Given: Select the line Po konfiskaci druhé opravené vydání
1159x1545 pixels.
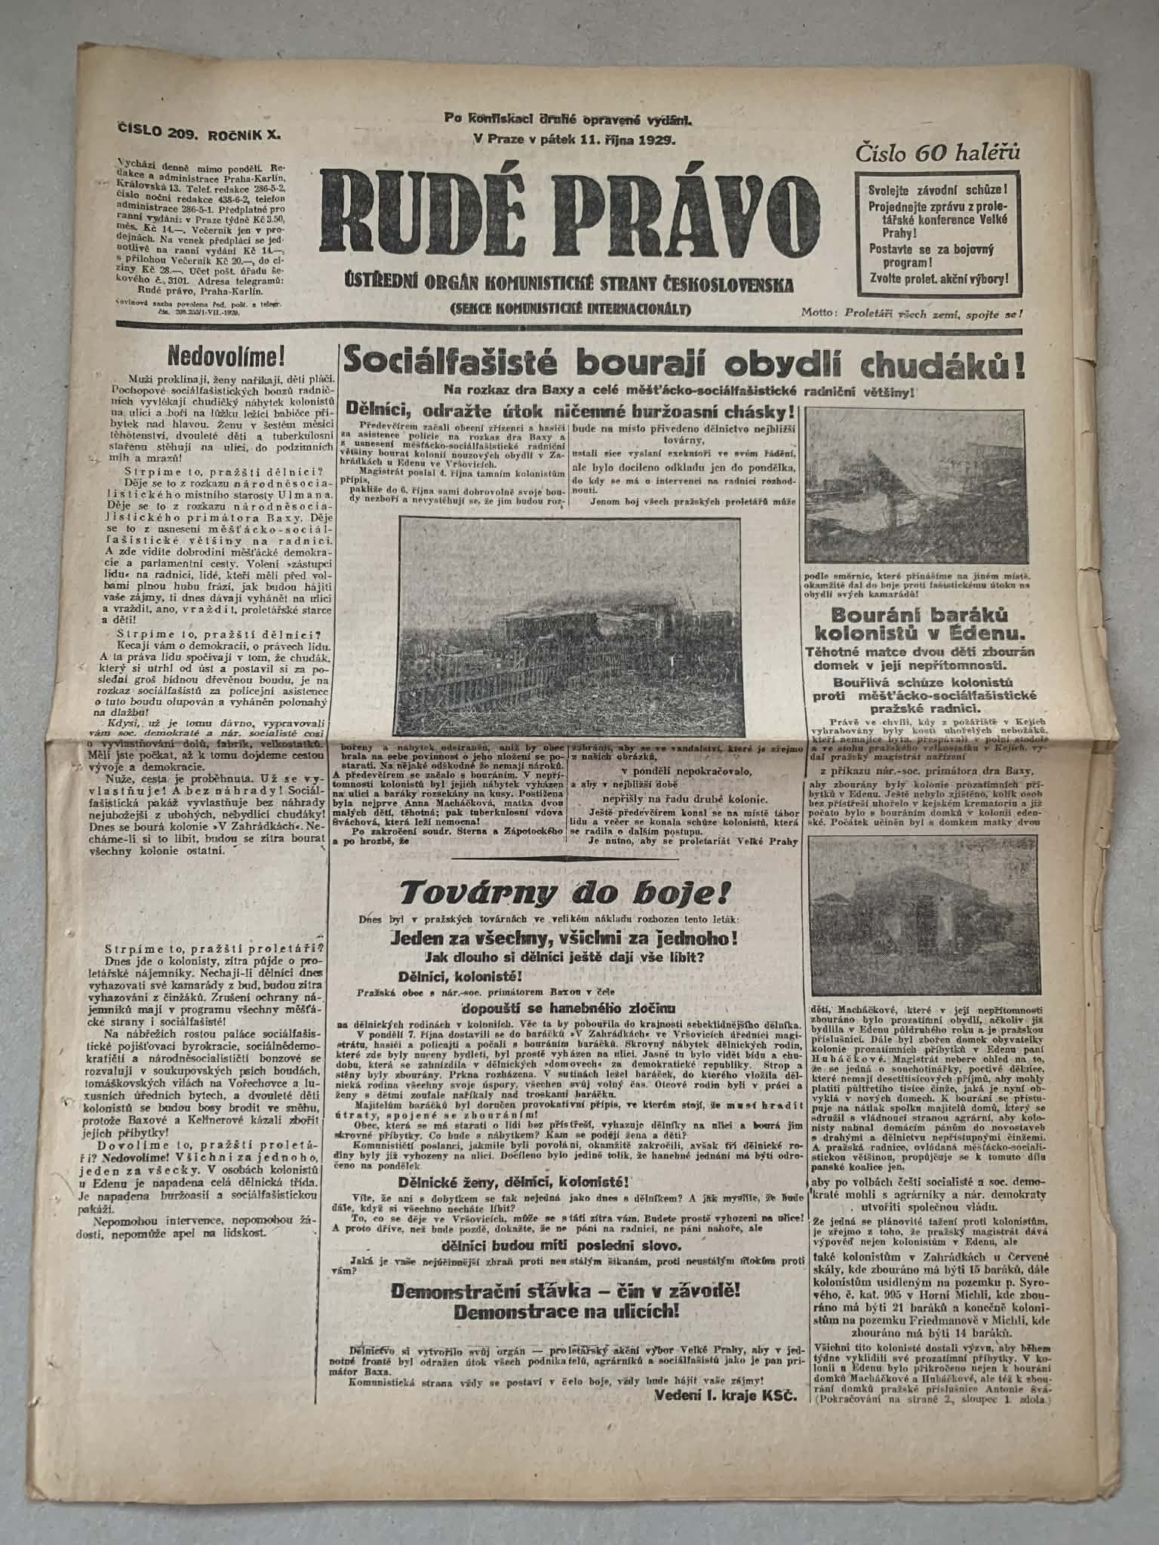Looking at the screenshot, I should [x=567, y=118].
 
